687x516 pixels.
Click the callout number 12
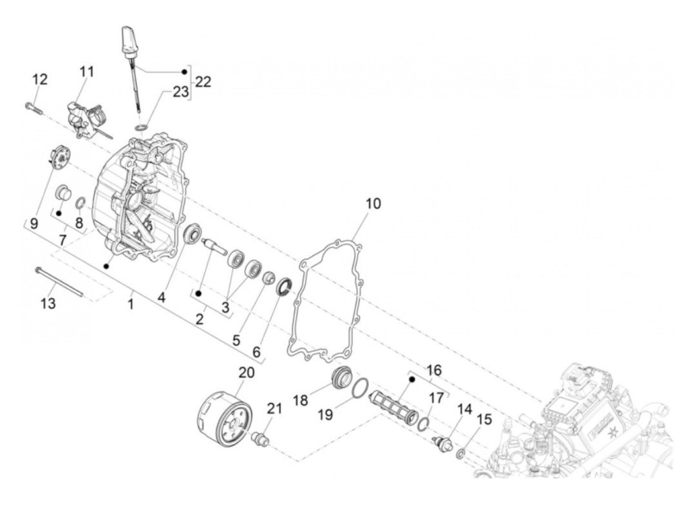(40, 79)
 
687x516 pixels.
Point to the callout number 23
(180, 91)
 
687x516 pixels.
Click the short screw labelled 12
(32, 108)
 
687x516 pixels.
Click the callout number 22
(203, 82)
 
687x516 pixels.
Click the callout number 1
(131, 305)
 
